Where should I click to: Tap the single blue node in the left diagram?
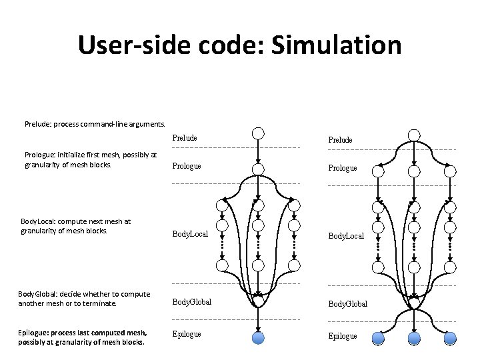259,337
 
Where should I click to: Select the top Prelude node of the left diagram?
259,133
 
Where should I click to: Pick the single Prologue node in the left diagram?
259,168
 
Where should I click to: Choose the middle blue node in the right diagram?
413,337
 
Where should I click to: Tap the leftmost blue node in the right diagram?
378,337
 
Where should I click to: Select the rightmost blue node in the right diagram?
449,337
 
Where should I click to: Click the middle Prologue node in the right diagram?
413,171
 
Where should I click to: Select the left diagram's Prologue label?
187,165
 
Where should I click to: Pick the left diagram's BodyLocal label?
191,235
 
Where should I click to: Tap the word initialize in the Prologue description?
75,155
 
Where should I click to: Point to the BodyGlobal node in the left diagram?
259,301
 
